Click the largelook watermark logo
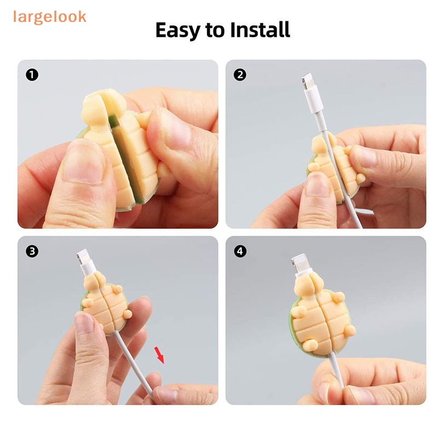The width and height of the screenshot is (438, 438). [x=50, y=18]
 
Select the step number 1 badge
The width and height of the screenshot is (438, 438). [x=32, y=75]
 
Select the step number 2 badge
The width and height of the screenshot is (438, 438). [x=240, y=75]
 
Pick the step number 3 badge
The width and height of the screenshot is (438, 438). [x=32, y=251]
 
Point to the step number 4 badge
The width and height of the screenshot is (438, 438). [x=240, y=251]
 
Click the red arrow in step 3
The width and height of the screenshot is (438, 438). [x=159, y=355]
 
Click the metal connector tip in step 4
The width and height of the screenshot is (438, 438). [x=298, y=262]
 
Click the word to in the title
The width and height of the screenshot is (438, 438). [x=215, y=30]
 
